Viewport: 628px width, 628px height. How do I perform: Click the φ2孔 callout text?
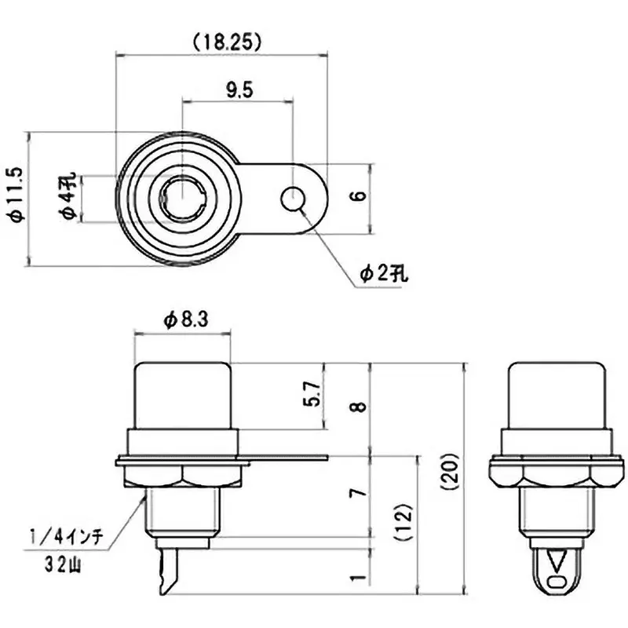point(385,273)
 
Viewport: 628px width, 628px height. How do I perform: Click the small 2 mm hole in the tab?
point(293,199)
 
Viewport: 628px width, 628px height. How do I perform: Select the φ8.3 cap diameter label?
point(185,319)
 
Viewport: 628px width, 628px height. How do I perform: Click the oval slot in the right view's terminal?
point(557,582)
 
